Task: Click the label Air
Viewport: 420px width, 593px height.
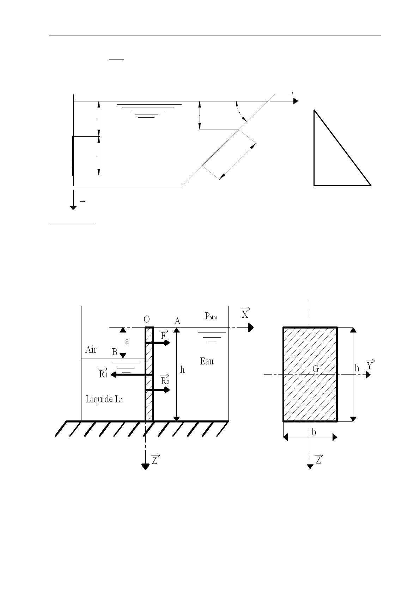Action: (91, 350)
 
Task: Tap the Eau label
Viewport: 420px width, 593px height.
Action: (207, 361)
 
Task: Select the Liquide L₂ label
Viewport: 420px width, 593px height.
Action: (104, 399)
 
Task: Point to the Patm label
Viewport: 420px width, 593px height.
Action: (211, 316)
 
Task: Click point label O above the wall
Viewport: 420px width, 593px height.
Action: (147, 319)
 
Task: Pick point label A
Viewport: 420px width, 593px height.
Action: (177, 321)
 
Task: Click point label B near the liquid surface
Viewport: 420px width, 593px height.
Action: (115, 352)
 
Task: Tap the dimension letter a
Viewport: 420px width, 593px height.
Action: (127, 342)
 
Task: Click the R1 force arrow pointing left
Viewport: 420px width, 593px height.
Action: (132, 375)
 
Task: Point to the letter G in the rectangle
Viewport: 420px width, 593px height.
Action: (316, 369)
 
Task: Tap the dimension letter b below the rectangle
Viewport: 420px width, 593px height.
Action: (314, 432)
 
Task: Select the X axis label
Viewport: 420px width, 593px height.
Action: (245, 313)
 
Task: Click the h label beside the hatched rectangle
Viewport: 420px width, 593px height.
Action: (357, 368)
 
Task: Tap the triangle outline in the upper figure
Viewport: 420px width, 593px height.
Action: (314, 148)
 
